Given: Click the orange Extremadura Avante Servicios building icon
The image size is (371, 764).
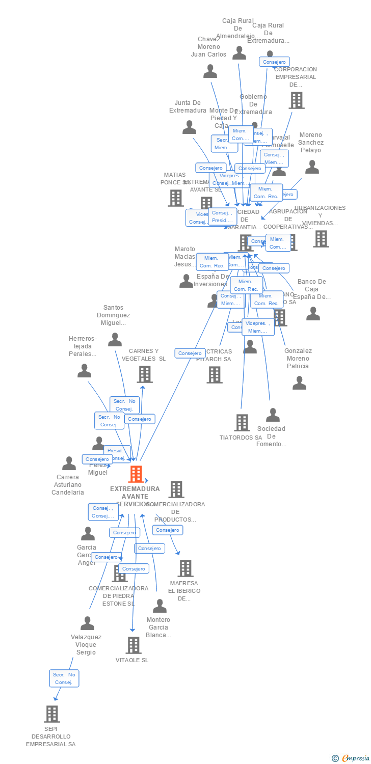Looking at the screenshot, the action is [136, 474].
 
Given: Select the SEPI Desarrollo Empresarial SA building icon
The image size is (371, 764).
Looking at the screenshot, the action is [52, 714].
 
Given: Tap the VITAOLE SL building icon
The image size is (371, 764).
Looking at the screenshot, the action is [134, 645].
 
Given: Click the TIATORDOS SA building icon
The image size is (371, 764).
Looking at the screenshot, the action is [242, 422].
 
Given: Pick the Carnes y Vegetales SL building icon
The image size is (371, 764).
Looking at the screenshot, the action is [145, 374].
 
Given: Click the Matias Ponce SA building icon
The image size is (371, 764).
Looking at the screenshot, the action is [176, 198].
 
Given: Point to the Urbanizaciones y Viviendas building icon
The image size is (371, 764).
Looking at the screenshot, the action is [321, 238].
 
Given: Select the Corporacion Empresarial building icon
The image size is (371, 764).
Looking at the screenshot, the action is [296, 100].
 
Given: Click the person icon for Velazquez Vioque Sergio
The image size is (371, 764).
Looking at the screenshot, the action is [88, 623].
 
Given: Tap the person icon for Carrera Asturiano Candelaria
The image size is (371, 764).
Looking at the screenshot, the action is [69, 463].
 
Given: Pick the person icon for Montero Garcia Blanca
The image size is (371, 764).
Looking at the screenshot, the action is [160, 606].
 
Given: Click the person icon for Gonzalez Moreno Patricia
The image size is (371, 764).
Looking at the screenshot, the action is [299, 383].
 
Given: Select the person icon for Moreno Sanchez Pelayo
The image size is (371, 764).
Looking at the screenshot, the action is [312, 167].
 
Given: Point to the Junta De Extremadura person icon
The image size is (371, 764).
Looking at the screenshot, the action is [190, 127].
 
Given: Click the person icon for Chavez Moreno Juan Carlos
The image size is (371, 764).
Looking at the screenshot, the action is [210, 71].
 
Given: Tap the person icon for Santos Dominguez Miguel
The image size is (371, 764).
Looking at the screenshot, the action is [115, 339].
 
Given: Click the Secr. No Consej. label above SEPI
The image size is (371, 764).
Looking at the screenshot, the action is [64, 678].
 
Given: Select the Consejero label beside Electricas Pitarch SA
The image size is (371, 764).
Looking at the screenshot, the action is [190, 353].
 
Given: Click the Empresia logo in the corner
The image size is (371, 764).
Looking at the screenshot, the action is [351, 758].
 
